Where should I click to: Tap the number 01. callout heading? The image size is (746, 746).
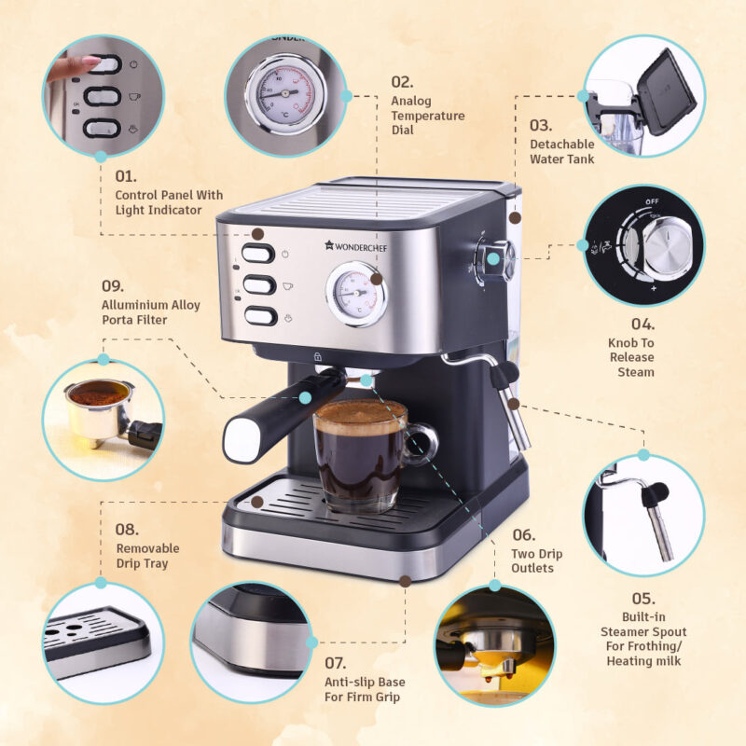(126, 175)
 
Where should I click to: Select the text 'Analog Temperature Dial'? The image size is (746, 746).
(427, 116)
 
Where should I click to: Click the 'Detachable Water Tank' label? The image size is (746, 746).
(561, 151)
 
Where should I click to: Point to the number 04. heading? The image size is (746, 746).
(643, 325)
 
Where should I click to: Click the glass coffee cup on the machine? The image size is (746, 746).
(361, 454)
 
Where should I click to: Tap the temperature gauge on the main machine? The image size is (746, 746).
(355, 293)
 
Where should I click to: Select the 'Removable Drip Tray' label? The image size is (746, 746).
(147, 556)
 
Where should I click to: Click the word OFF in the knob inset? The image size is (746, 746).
(652, 201)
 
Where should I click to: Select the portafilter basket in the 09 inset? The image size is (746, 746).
(98, 406)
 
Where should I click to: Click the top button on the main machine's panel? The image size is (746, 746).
(259, 254)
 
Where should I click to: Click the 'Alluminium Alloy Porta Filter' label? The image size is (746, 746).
(149, 312)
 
